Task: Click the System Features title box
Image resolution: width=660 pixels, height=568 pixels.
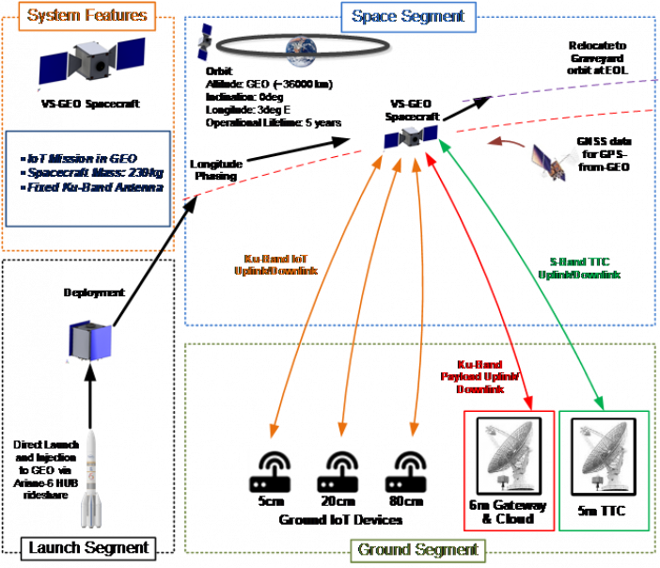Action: click(x=86, y=15)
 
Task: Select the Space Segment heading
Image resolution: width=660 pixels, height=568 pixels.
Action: click(x=408, y=16)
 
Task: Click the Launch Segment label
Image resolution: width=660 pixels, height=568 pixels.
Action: click(x=87, y=547)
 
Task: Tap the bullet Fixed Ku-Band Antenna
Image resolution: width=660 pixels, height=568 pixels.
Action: click(x=90, y=186)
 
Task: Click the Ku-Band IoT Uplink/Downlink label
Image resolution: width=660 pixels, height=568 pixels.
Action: click(x=275, y=264)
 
